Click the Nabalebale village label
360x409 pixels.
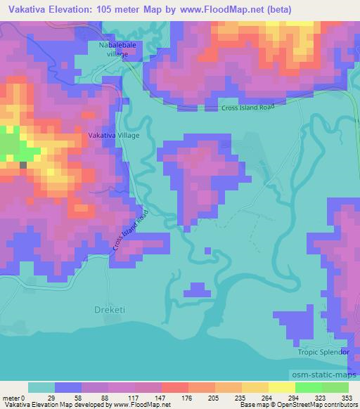(x=108, y=49)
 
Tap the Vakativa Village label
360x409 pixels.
(x=114, y=134)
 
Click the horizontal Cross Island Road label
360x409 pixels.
(x=246, y=107)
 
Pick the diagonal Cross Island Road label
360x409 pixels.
(x=130, y=231)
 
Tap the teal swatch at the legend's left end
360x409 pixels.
(x=41, y=387)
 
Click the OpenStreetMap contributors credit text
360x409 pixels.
(x=316, y=405)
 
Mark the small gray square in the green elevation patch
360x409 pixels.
(x=22, y=164)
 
